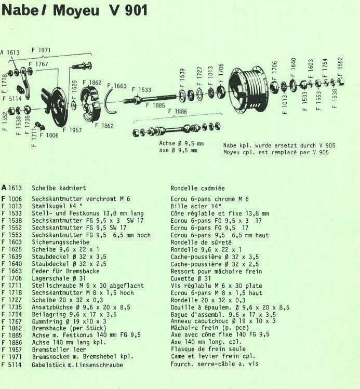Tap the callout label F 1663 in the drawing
click(x=117, y=86)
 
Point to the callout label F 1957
click(x=72, y=130)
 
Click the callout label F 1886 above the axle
click(x=177, y=111)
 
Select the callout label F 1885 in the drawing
click(x=155, y=105)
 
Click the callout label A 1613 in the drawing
click(x=10, y=52)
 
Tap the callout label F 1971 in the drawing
click(x=41, y=50)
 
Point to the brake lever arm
click(x=24, y=83)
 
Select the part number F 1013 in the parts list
click(x=11, y=206)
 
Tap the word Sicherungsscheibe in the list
click(x=61, y=242)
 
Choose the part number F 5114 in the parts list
click(x=11, y=365)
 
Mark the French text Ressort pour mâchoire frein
click(x=216, y=271)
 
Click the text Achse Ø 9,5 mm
click(x=181, y=143)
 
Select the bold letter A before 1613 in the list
click(x=4, y=188)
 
